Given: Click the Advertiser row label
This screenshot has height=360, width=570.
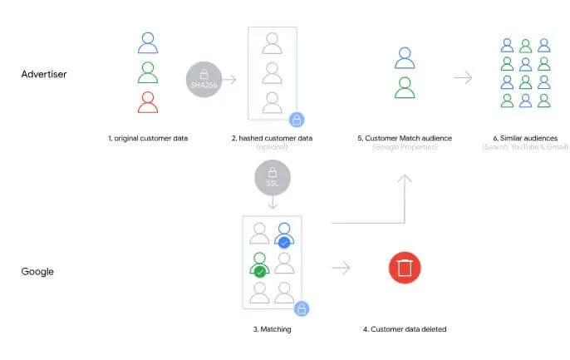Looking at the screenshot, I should point(43,74).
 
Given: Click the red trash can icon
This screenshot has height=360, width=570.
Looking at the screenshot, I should point(405,268).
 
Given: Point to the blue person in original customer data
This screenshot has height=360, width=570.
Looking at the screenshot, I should point(148,43).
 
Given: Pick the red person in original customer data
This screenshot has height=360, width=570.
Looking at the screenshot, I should point(148,102).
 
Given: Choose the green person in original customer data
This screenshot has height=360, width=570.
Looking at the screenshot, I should point(148,72).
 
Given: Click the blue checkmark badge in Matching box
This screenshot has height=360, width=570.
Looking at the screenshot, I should point(284,243).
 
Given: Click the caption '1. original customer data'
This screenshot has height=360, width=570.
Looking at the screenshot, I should point(148,137).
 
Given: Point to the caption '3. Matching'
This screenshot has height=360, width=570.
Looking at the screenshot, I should point(272,329).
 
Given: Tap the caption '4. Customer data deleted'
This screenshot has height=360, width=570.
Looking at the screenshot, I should point(405,329).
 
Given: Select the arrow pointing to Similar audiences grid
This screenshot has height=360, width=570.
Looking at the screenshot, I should point(463,78).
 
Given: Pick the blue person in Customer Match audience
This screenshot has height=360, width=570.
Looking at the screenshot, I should point(405,57).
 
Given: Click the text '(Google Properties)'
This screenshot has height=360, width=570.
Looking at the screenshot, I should point(405,147).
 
